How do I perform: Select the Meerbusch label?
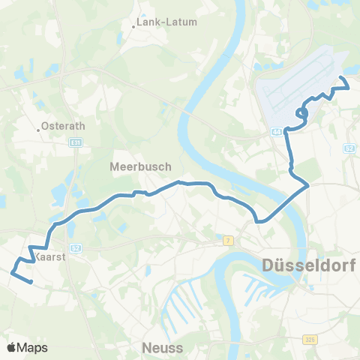click(x=141, y=166)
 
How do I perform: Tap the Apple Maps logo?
click(x=27, y=347)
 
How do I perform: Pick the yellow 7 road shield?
click(x=228, y=240)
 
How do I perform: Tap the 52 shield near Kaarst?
click(x=75, y=247)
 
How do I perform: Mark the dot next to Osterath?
click(x=39, y=129)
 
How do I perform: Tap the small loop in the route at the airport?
click(x=302, y=113)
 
